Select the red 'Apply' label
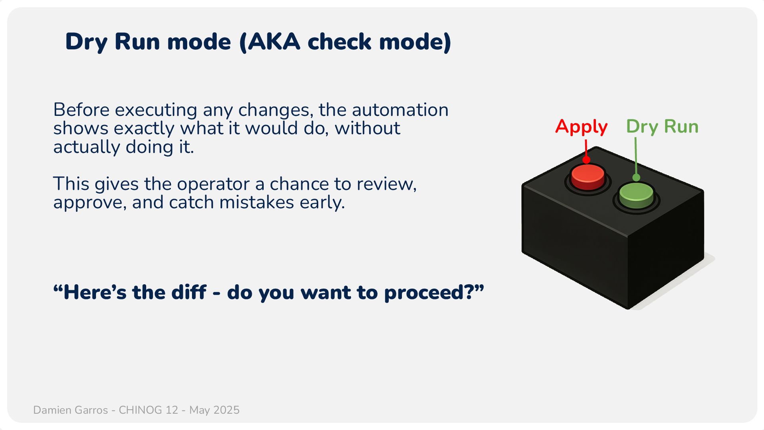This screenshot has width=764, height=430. pyautogui.click(x=581, y=127)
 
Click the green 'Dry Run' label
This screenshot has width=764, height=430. pyautogui.click(x=662, y=127)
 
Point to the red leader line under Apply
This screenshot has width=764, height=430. pyautogui.click(x=586, y=149)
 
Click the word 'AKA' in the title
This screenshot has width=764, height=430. pyautogui.click(x=274, y=41)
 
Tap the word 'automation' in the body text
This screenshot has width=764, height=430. pyautogui.click(x=400, y=110)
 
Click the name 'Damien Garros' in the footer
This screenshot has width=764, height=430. pyautogui.click(x=71, y=410)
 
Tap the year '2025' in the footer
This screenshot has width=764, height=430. pyautogui.click(x=226, y=410)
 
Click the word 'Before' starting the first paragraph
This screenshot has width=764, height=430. pyautogui.click(x=81, y=110)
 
